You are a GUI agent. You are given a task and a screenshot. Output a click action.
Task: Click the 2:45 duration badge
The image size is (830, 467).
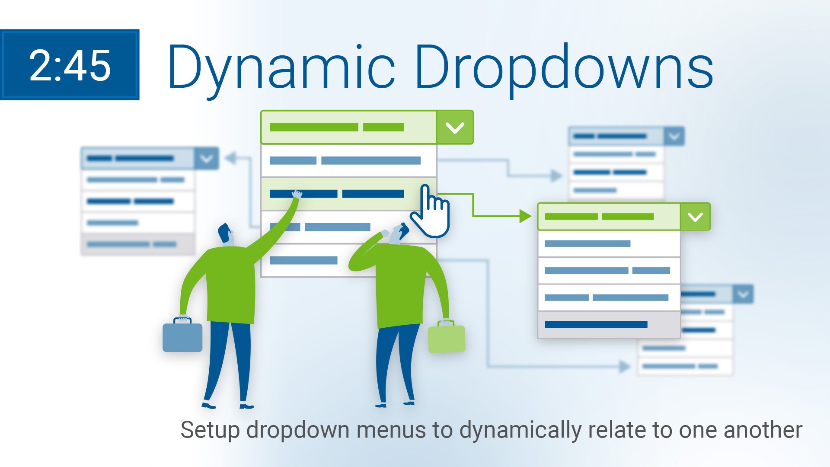point(70,65)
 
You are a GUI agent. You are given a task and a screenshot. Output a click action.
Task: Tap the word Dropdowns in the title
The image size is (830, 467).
point(564,67)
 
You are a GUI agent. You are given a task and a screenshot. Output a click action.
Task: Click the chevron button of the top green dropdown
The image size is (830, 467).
point(455,128)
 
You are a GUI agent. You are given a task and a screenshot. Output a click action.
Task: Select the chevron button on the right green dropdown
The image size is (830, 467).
point(695,217)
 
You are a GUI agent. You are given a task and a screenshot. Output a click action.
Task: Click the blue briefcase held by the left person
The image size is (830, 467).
point(182,335)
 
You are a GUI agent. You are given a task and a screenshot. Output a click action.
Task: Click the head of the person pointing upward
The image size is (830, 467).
point(226,234)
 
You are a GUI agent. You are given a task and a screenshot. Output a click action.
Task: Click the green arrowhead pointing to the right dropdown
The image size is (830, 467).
point(525,216)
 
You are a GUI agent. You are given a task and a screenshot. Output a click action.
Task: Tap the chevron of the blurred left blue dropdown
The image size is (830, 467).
point(207,158)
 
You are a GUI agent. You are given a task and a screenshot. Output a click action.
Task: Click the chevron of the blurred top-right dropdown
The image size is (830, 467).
point(674,137)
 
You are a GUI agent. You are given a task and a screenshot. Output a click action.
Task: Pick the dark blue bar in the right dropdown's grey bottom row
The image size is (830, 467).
point(596,325)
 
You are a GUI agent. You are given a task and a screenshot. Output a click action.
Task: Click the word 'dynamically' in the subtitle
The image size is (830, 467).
point(520,431)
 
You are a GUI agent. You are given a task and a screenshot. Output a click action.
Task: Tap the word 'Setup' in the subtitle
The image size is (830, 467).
point(210,431)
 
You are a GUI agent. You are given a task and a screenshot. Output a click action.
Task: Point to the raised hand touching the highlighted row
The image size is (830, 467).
point(297,194)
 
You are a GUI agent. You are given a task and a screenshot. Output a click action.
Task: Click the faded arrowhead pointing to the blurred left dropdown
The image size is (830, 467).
point(230,158)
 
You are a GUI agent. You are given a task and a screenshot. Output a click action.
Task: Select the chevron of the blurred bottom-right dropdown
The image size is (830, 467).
point(743,294)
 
